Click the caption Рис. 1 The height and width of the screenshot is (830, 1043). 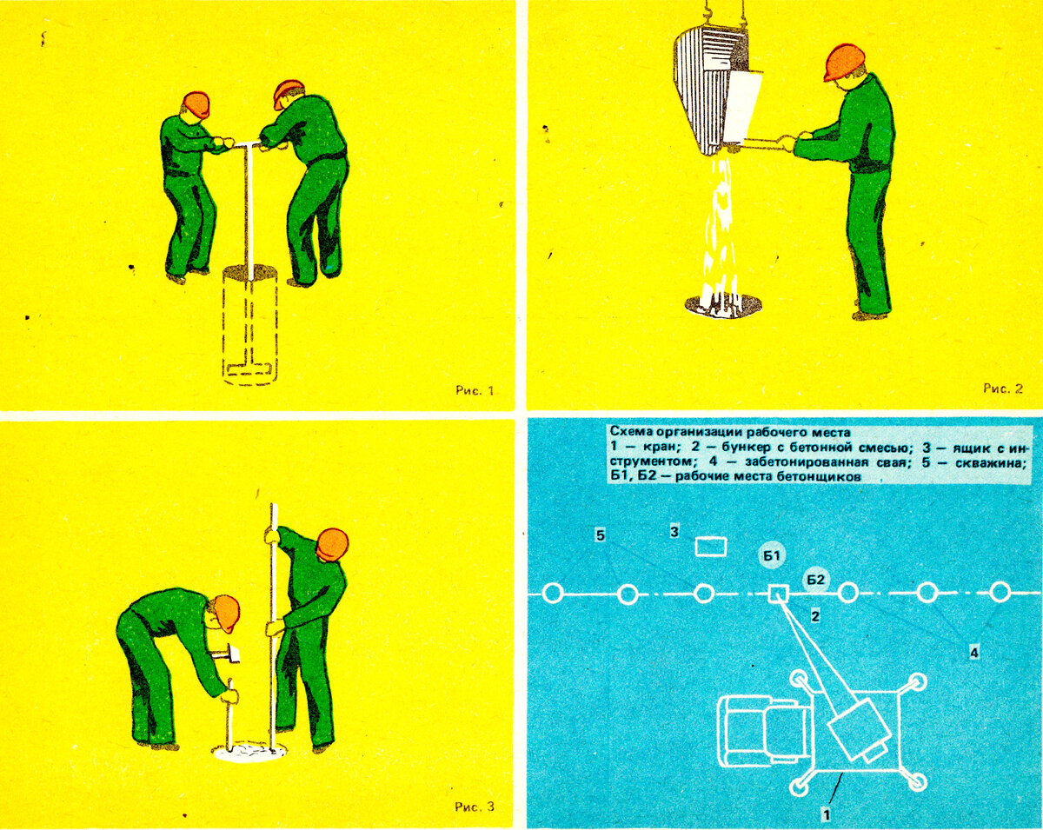[x=474, y=391]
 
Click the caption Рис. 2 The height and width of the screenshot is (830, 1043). [x=1003, y=388]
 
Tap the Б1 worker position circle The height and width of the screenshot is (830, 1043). [x=771, y=556]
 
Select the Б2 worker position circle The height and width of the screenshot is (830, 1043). [x=816, y=580]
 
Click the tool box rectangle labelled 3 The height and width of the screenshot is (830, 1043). [x=710, y=547]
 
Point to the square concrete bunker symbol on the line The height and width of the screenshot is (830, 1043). [x=779, y=594]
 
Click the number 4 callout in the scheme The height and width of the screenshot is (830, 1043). [x=974, y=653]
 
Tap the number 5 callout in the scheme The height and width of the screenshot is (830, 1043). [x=601, y=535]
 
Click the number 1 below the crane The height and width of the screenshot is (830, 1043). [x=827, y=815]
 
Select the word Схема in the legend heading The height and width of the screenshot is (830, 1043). [x=628, y=431]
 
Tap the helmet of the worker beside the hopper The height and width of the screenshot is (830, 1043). [x=843, y=62]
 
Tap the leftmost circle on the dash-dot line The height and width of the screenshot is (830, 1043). [x=553, y=594]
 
